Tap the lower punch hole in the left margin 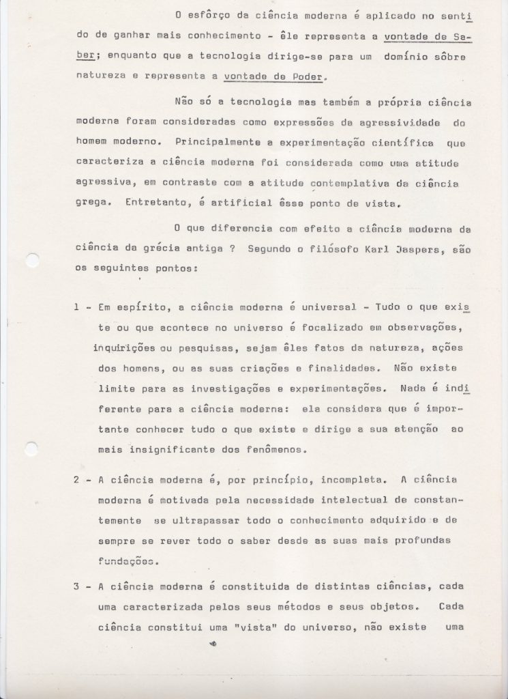coord(31,448)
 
